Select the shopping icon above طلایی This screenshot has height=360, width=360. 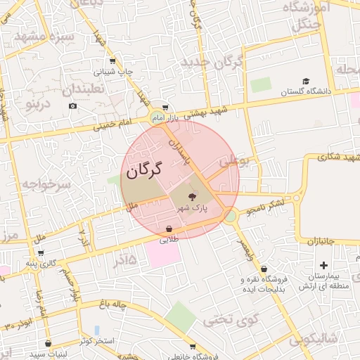[169, 229]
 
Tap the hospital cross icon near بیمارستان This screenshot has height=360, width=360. [323, 266]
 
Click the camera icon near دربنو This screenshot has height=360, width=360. [73, 106]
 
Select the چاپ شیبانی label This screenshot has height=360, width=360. [113, 72]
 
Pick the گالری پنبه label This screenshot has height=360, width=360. [40, 263]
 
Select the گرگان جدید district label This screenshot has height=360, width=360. [212, 63]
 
